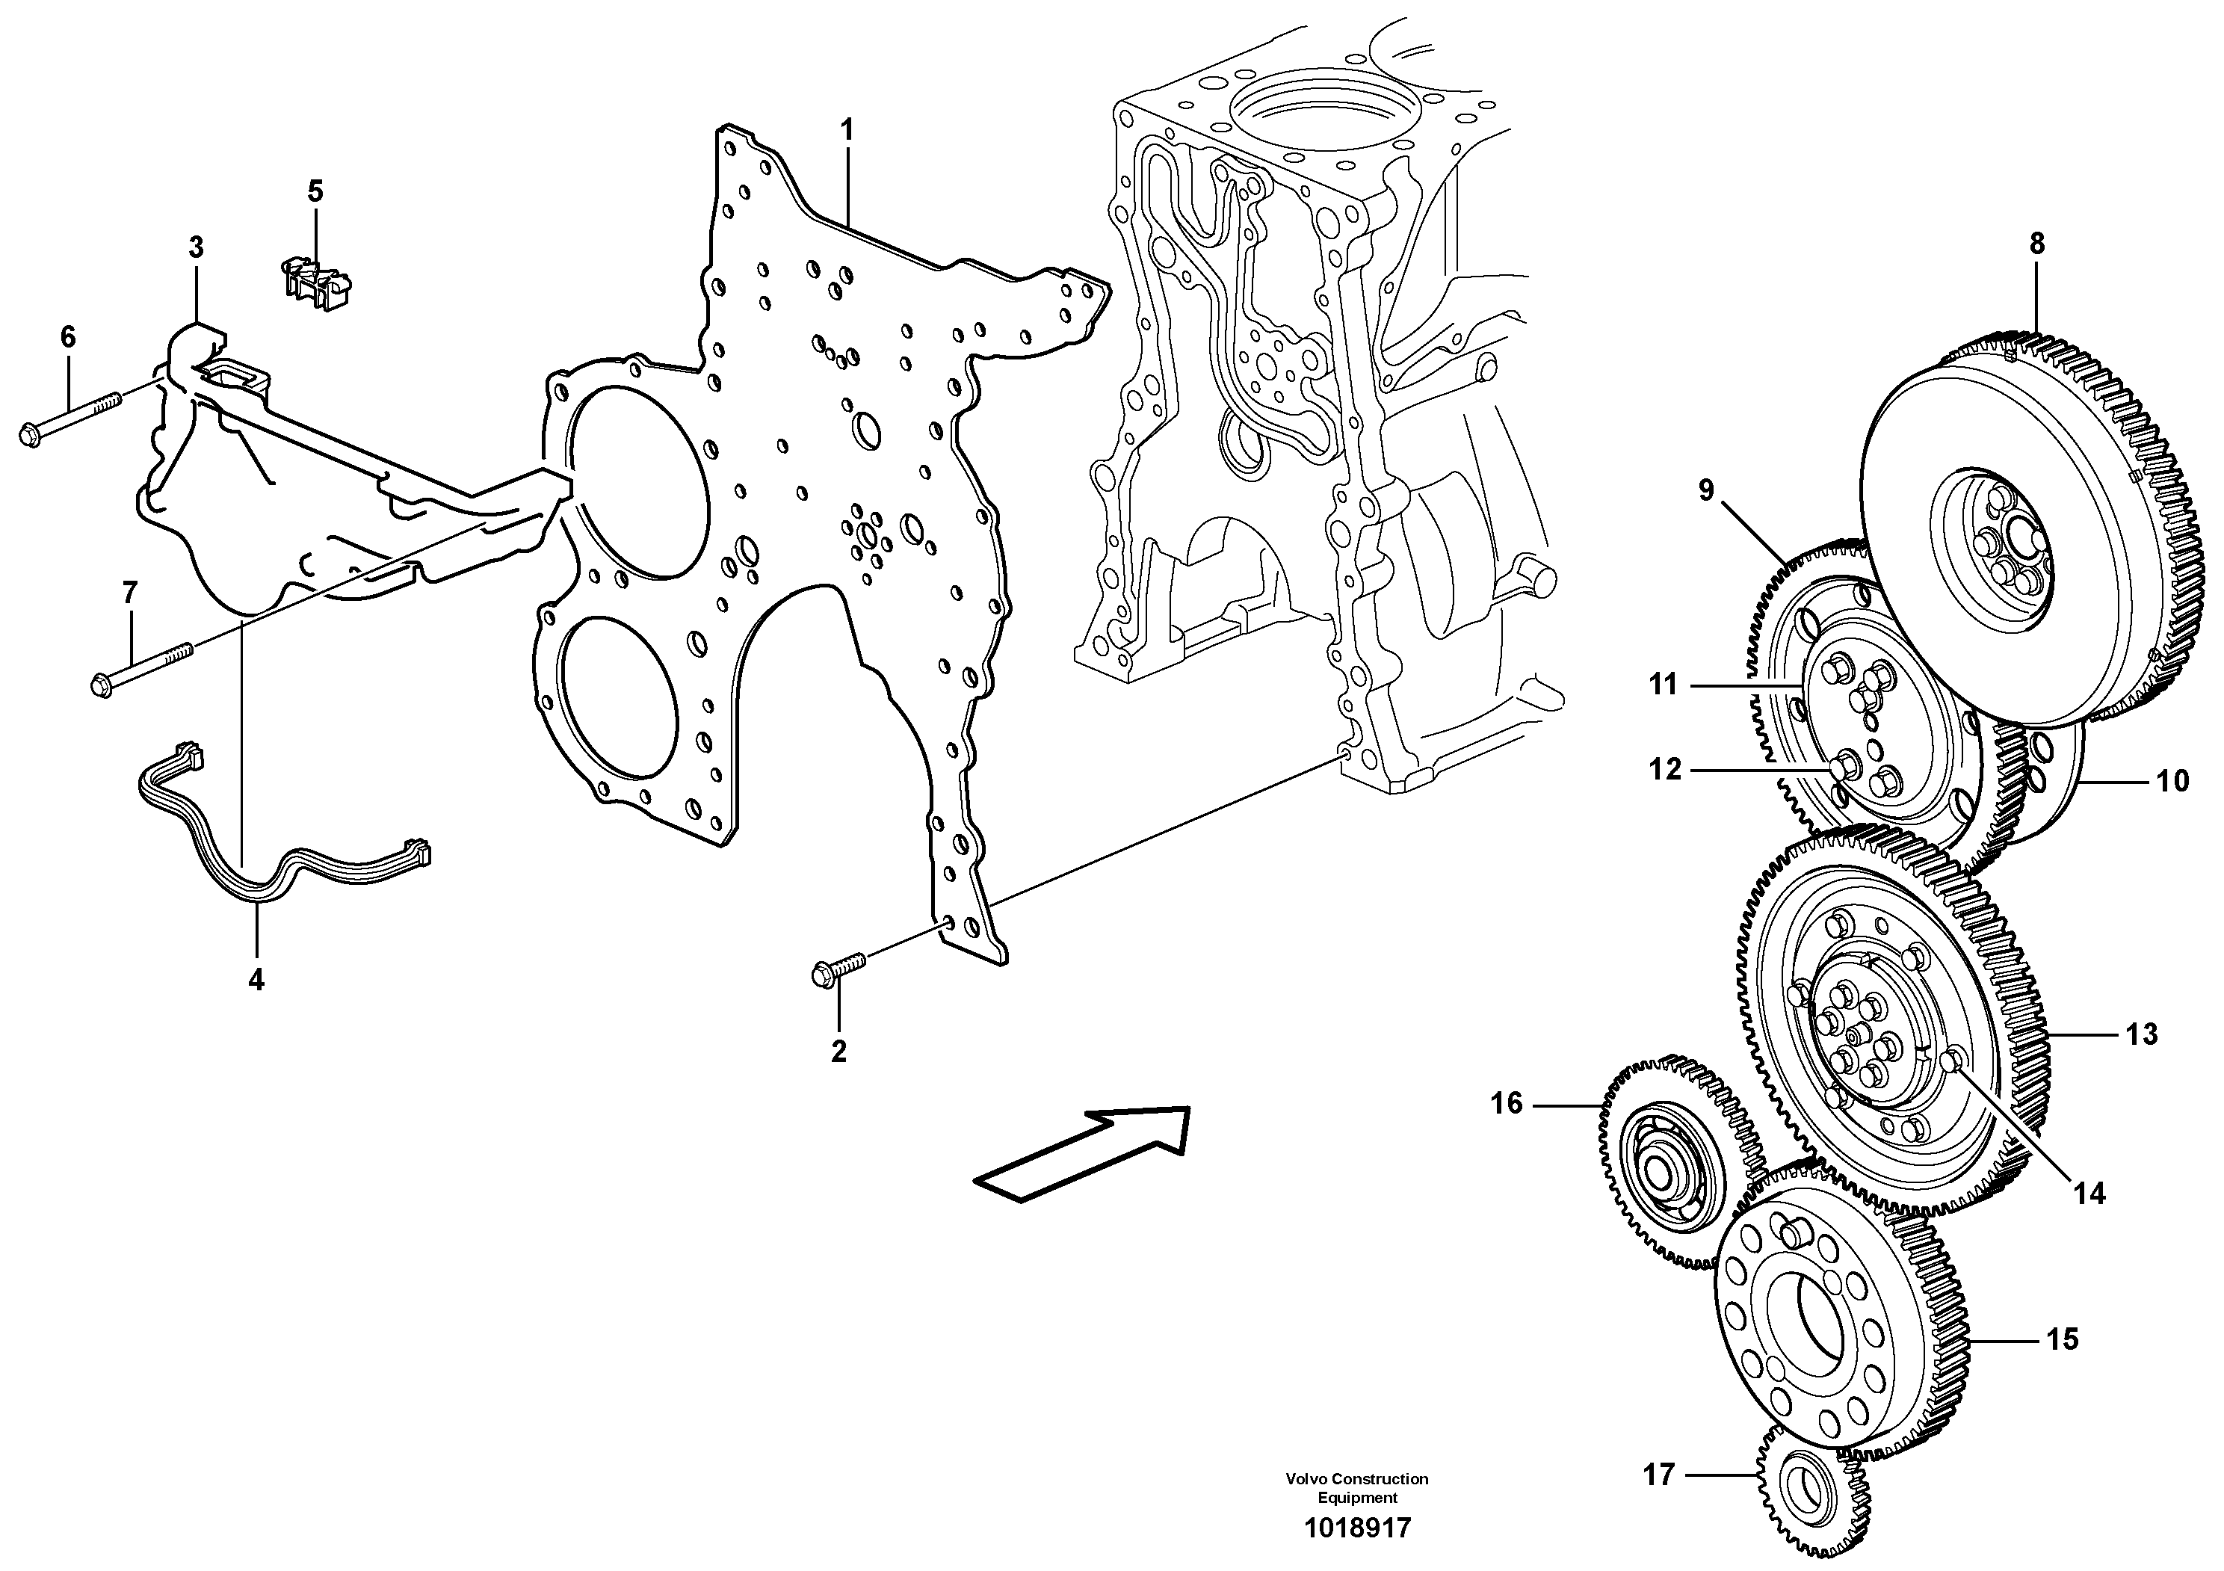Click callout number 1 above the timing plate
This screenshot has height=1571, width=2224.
[x=847, y=130]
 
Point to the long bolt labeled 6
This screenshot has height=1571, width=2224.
[x=72, y=419]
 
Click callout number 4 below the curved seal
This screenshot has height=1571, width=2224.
[x=256, y=980]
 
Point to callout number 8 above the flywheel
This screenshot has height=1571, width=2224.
[x=2036, y=244]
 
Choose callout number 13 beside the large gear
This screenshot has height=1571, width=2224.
[x=2142, y=1034]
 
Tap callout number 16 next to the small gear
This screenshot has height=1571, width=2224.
[x=1507, y=1103]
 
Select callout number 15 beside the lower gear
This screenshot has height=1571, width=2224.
[x=2063, y=1339]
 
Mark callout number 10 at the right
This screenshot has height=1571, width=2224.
[x=2172, y=781]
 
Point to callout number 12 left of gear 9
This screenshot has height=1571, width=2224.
[x=1665, y=769]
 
